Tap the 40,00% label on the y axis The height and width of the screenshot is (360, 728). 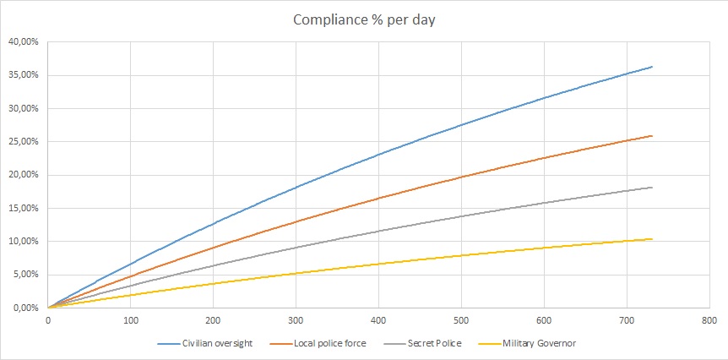pos(24,41)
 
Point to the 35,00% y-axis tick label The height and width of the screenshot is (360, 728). pos(24,75)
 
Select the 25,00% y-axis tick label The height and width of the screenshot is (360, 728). pos(24,142)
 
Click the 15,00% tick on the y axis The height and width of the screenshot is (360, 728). pos(24,208)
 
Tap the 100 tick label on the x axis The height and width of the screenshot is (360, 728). pos(131,320)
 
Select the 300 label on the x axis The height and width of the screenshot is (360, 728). pos(296,320)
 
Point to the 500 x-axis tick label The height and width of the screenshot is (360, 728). pos(461,320)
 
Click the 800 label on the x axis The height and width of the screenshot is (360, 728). pos(709,320)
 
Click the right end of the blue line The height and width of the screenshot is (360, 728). pos(652,67)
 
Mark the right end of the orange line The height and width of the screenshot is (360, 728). pos(652,136)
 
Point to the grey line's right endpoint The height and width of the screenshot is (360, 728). pos(652,188)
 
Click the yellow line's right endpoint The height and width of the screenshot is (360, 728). pos(652,239)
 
